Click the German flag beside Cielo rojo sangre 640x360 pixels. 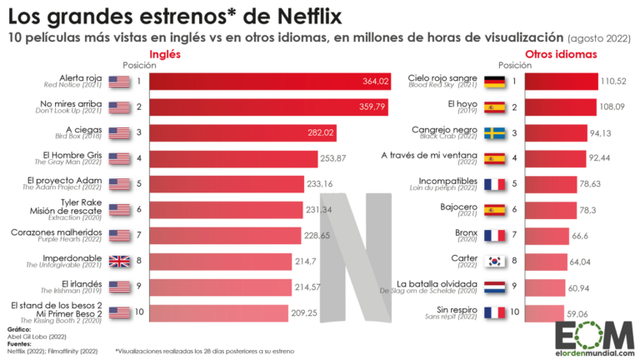click(x=494, y=81)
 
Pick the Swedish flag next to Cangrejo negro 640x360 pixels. click(x=494, y=132)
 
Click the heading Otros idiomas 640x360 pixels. click(x=567, y=54)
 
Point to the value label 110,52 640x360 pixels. click(x=612, y=81)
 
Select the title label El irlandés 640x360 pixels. click(x=82, y=283)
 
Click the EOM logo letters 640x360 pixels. click(x=593, y=329)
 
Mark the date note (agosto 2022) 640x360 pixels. click(x=600, y=38)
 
